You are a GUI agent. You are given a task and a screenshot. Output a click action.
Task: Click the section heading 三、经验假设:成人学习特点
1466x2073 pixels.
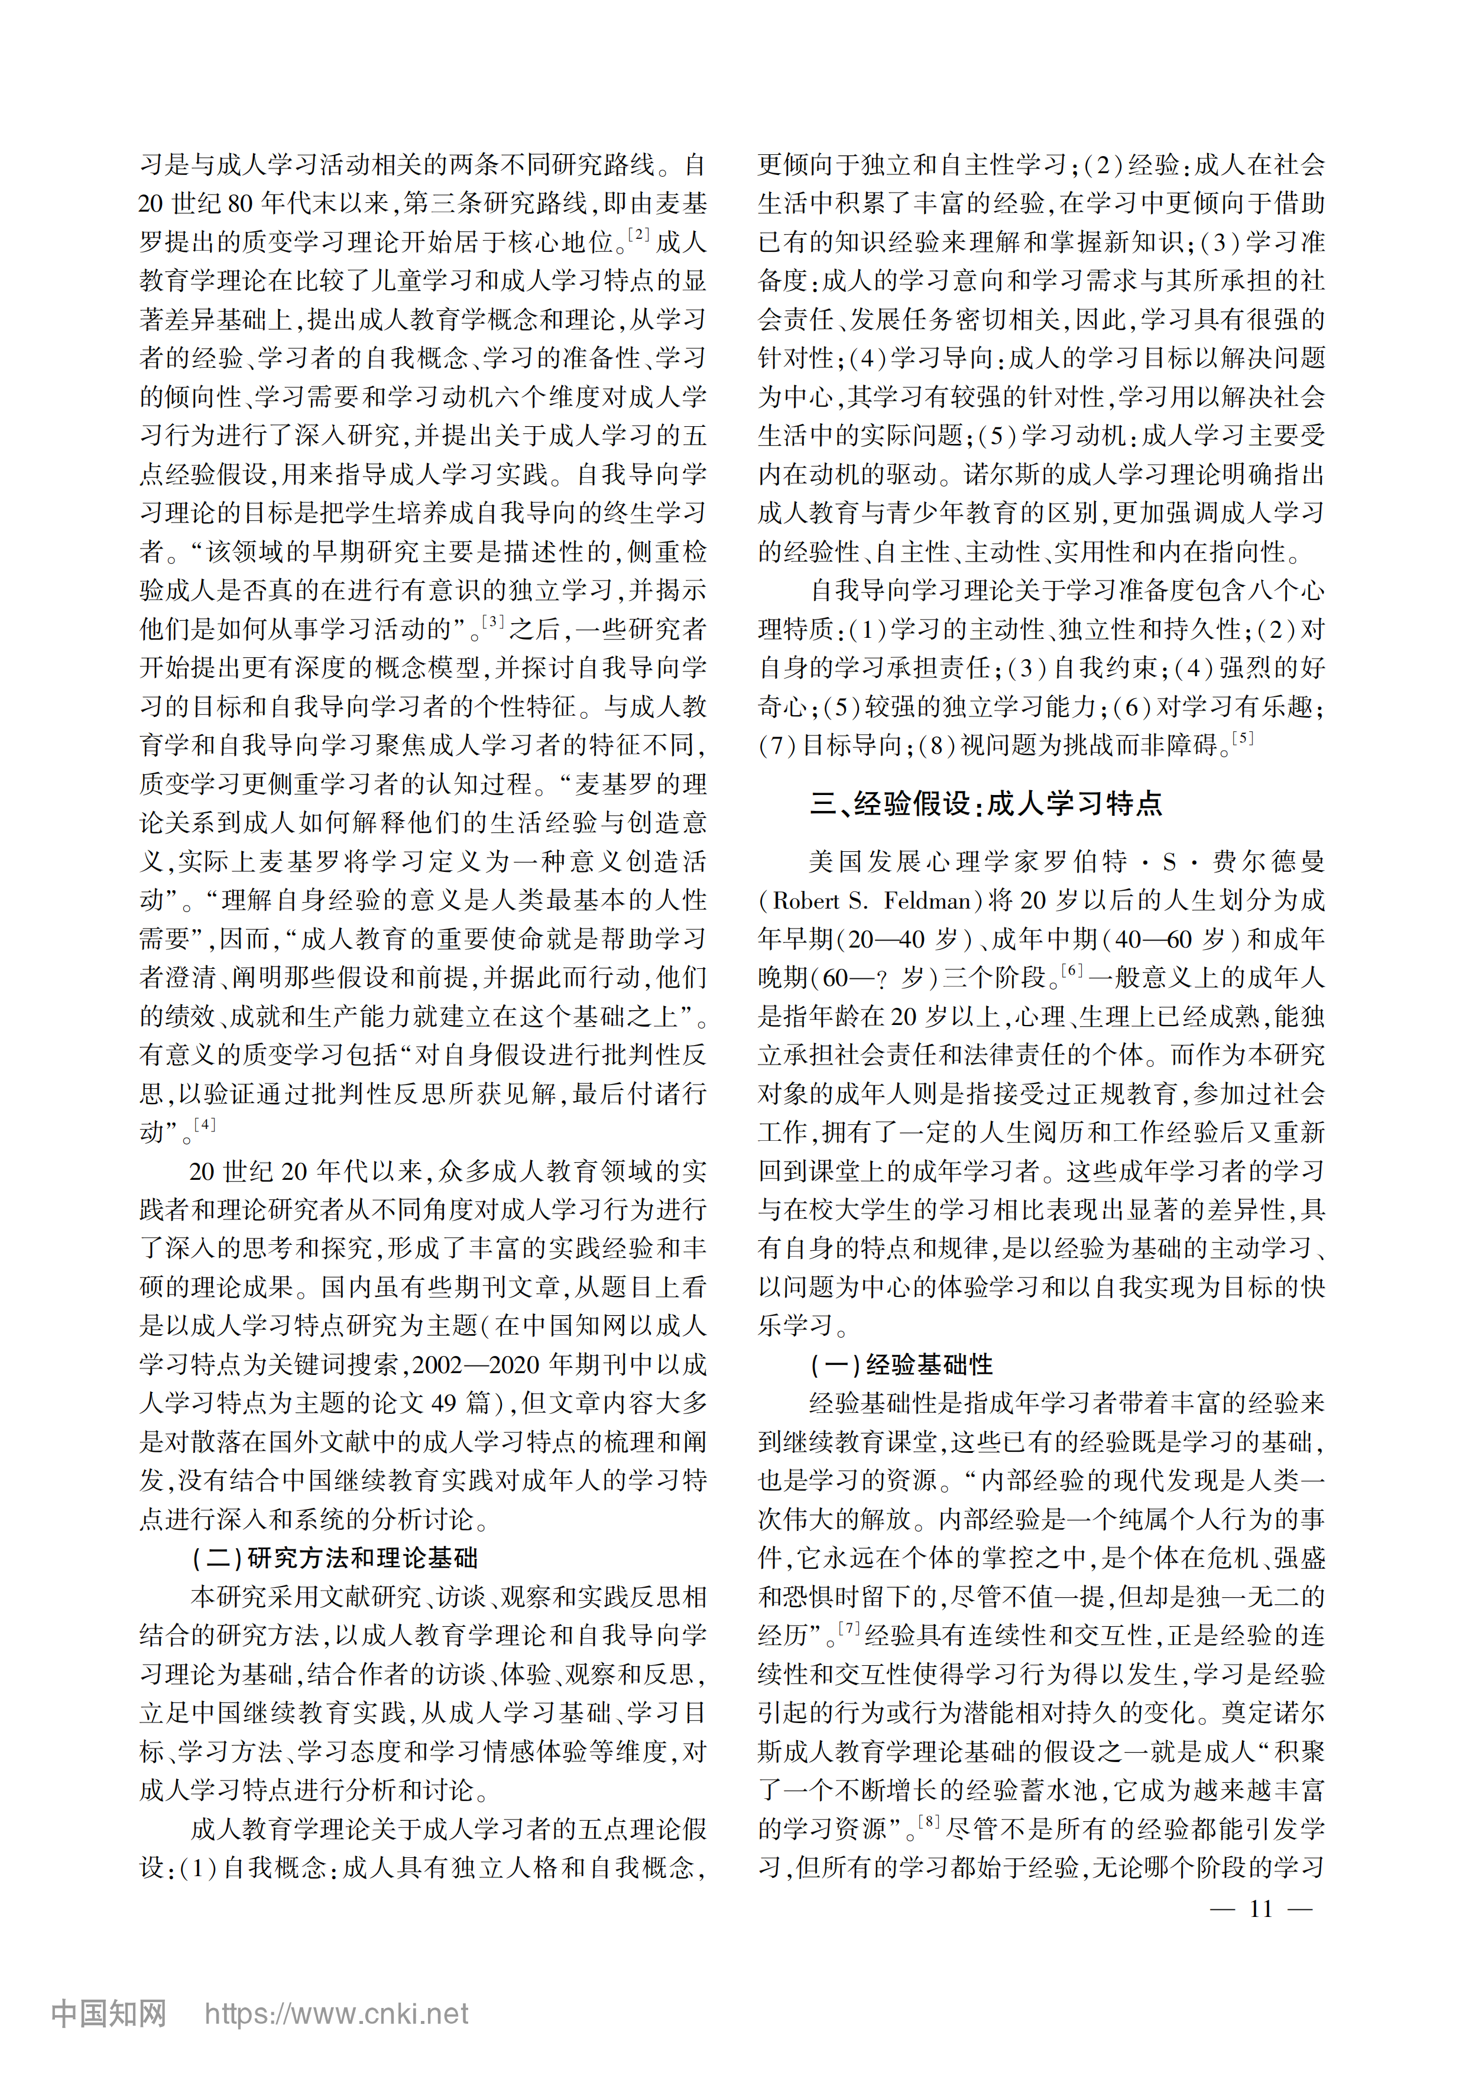(986, 803)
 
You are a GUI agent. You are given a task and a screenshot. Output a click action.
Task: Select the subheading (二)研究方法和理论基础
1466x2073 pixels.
(335, 1558)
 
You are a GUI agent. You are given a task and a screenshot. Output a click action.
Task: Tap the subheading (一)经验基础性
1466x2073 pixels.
(901, 1364)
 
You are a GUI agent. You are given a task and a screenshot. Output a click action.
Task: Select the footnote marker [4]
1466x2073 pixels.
(206, 1124)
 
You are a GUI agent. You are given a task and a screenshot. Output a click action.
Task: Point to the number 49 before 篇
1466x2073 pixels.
(443, 1403)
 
